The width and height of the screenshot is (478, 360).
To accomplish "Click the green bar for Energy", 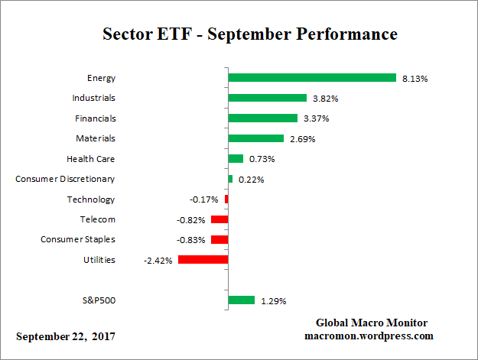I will click(311, 78).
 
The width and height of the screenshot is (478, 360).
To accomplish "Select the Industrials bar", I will click(267, 98).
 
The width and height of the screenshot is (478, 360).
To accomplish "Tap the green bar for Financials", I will click(262, 118).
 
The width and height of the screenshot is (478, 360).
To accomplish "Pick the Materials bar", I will click(255, 138).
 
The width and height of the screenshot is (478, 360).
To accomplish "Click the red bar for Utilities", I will click(203, 260).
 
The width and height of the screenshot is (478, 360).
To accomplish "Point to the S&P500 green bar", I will click(241, 300).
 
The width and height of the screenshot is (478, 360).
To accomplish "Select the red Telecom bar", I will click(219, 219).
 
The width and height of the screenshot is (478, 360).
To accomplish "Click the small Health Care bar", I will click(236, 159).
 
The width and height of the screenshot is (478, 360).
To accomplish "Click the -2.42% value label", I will click(158, 261).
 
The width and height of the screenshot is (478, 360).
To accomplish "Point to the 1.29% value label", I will click(273, 301).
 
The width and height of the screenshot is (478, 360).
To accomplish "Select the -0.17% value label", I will click(203, 199).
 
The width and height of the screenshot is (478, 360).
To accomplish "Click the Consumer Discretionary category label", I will click(65, 179).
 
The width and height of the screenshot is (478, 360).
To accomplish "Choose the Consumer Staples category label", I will click(77, 239).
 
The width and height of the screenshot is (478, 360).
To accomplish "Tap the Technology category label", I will click(90, 199).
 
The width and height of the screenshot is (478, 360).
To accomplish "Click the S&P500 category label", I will click(98, 300).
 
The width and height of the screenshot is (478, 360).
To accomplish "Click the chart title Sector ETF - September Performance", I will click(249, 35).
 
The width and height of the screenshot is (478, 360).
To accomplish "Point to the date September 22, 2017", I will click(67, 336).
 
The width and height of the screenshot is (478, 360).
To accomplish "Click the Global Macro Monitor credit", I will click(371, 323).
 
